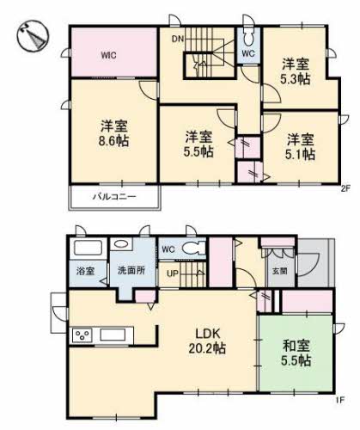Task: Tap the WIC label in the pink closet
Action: (108, 55)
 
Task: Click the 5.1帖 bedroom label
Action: (300, 155)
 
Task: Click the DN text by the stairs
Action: (177, 40)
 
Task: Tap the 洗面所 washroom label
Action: (131, 268)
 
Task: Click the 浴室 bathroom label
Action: (87, 268)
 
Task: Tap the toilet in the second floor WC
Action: (249, 38)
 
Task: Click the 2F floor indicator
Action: (345, 187)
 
